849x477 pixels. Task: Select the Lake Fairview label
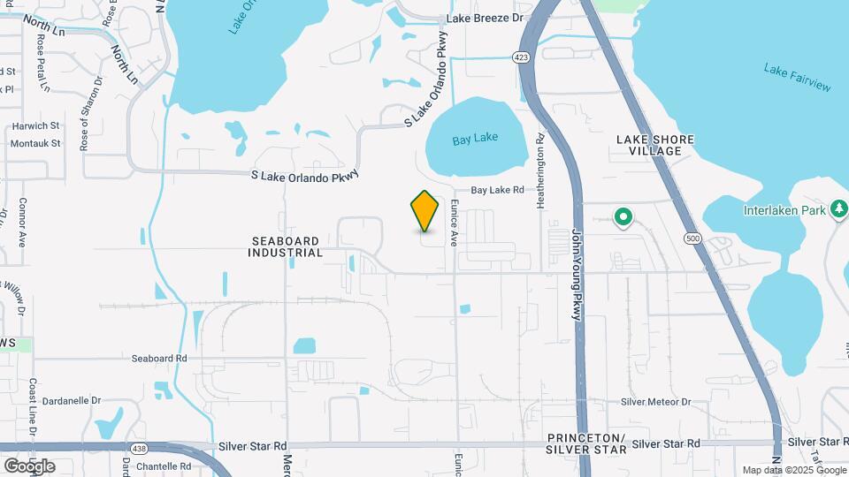tap(798, 77)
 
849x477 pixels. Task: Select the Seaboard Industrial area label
tap(287, 246)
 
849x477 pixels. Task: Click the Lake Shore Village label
tap(654, 145)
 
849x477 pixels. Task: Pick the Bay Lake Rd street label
tap(497, 190)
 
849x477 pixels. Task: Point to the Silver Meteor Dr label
tap(655, 402)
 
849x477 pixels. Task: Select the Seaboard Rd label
tap(159, 359)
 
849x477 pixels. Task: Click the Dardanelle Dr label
tap(73, 399)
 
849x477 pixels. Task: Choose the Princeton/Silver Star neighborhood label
tap(586, 443)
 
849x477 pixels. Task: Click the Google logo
tap(29, 466)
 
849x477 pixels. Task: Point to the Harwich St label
tap(35, 126)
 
